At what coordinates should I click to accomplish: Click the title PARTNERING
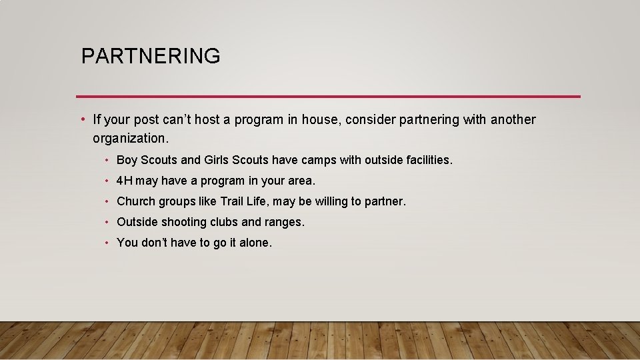click(150, 56)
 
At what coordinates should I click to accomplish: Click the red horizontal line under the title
click(328, 97)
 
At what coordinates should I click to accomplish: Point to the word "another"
click(513, 120)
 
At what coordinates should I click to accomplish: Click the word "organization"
click(129, 138)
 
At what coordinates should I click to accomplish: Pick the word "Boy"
click(127, 160)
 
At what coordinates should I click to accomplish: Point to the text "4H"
click(125, 181)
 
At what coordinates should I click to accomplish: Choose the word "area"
click(300, 181)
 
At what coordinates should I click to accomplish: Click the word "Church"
click(135, 201)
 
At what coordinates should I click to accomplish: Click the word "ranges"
click(284, 223)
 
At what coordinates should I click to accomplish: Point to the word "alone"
click(254, 243)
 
